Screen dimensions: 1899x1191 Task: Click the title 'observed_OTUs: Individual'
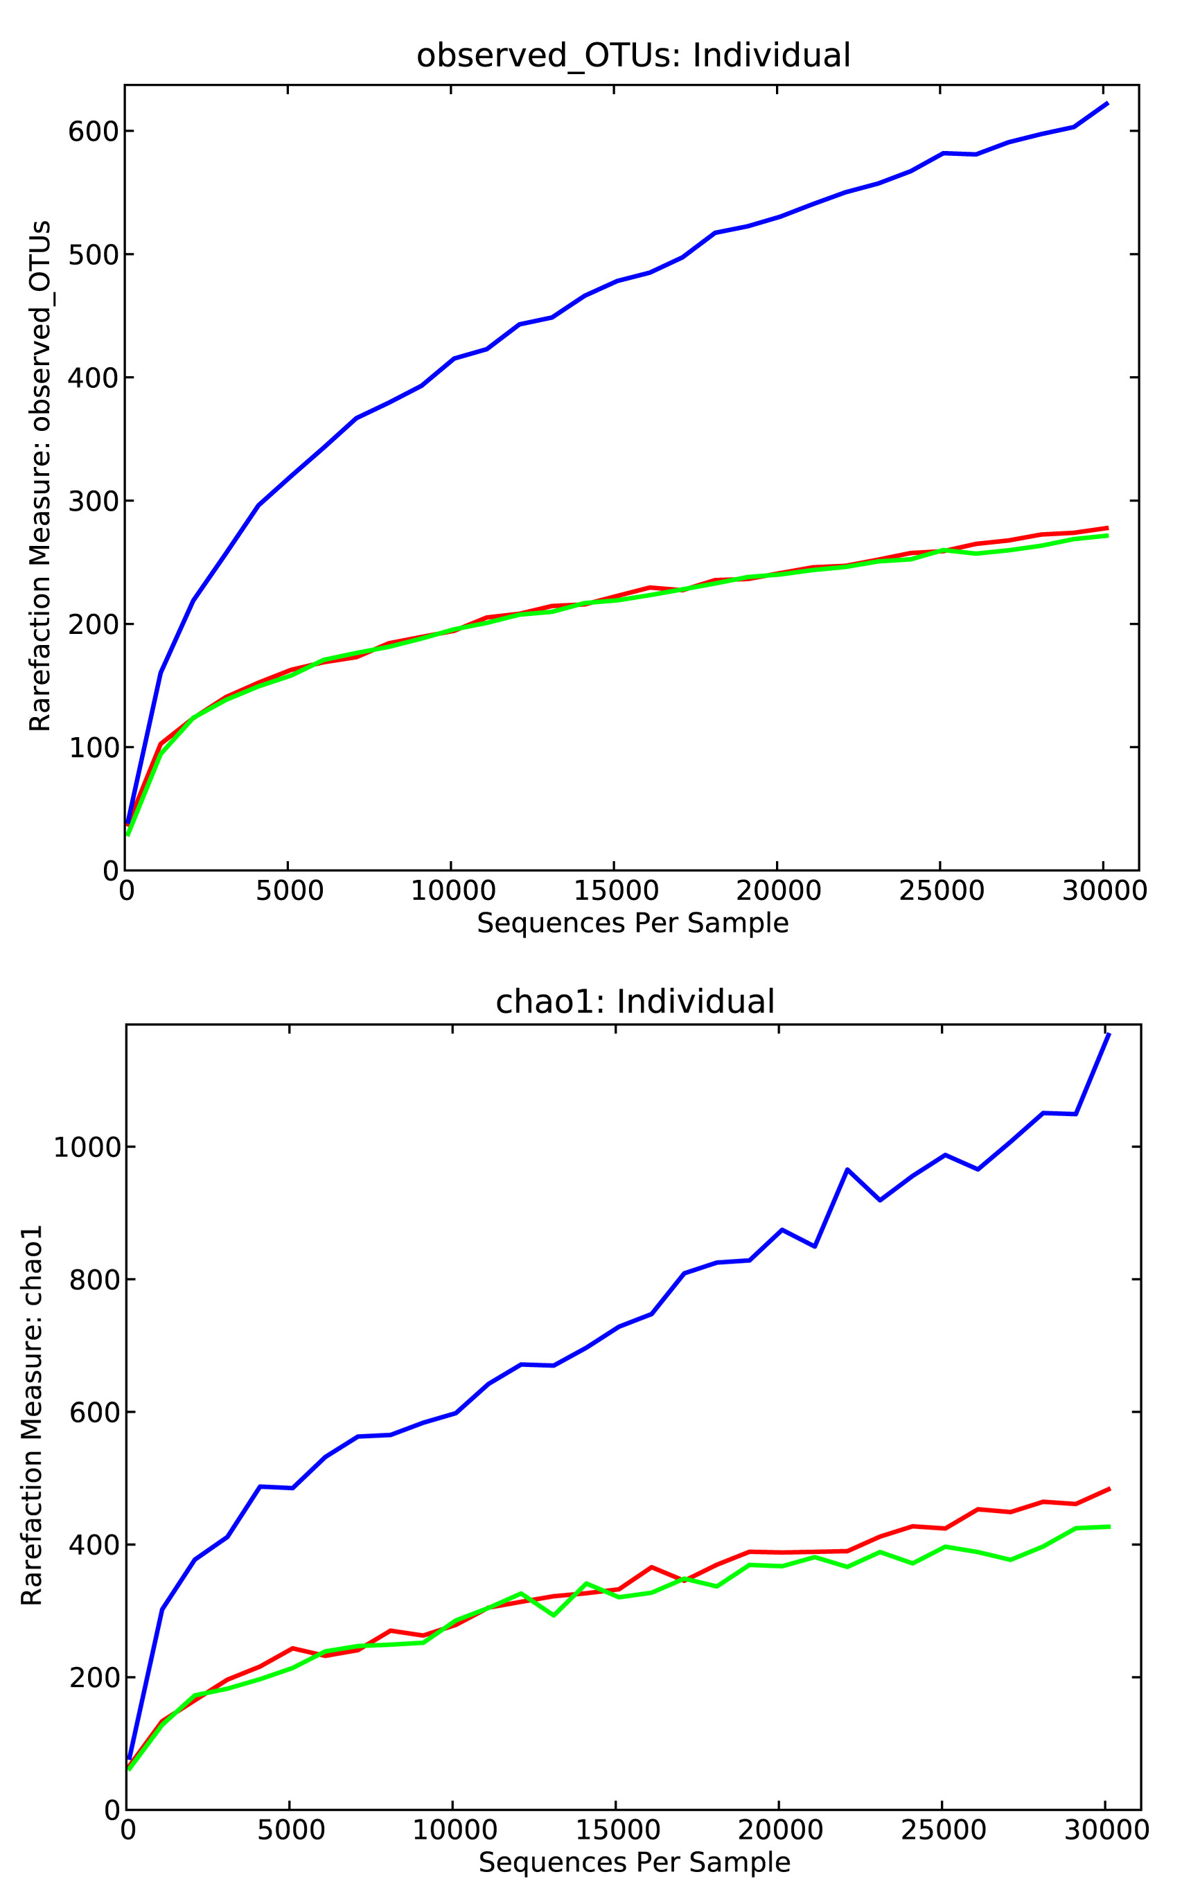[x=633, y=56]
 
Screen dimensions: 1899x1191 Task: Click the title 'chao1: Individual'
[x=635, y=1002]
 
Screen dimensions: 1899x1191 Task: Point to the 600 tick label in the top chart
[x=92, y=131]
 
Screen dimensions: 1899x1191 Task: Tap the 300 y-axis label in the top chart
[x=92, y=501]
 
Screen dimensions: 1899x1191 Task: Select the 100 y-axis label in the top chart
[x=92, y=748]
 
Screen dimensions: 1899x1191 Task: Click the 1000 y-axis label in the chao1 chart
[x=86, y=1147]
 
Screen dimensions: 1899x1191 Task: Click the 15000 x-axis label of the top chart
[x=615, y=891]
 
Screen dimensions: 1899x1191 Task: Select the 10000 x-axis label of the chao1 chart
[x=455, y=1830]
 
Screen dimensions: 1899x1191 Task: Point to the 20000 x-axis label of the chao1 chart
[x=781, y=1830]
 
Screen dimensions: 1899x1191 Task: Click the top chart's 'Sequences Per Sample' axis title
[x=633, y=922]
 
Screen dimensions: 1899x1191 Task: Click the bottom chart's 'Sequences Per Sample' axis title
[x=634, y=1862]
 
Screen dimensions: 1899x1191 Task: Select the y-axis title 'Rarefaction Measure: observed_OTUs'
[x=40, y=477]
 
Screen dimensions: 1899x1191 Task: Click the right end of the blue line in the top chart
[x=1106, y=103]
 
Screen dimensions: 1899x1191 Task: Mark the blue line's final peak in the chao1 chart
[x=1109, y=1034]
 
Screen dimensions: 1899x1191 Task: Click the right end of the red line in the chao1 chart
[x=1109, y=1489]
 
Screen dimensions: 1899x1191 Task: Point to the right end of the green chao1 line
[x=1109, y=1526]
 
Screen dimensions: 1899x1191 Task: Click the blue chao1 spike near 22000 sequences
[x=847, y=1169]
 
